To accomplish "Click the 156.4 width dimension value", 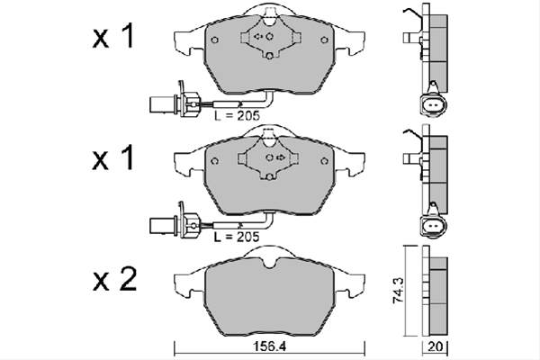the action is tap(270, 346).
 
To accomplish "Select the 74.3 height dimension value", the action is tap(398, 291).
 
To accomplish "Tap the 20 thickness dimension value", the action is tap(435, 346).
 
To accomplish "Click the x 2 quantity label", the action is tap(114, 278).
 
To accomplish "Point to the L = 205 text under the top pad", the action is tap(237, 116).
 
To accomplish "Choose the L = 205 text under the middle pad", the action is tap(236, 237).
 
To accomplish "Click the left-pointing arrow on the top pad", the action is tap(258, 36).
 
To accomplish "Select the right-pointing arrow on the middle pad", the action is tap(281, 157).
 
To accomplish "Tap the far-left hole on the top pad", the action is tap(214, 40).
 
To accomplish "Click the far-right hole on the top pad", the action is tap(324, 40).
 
